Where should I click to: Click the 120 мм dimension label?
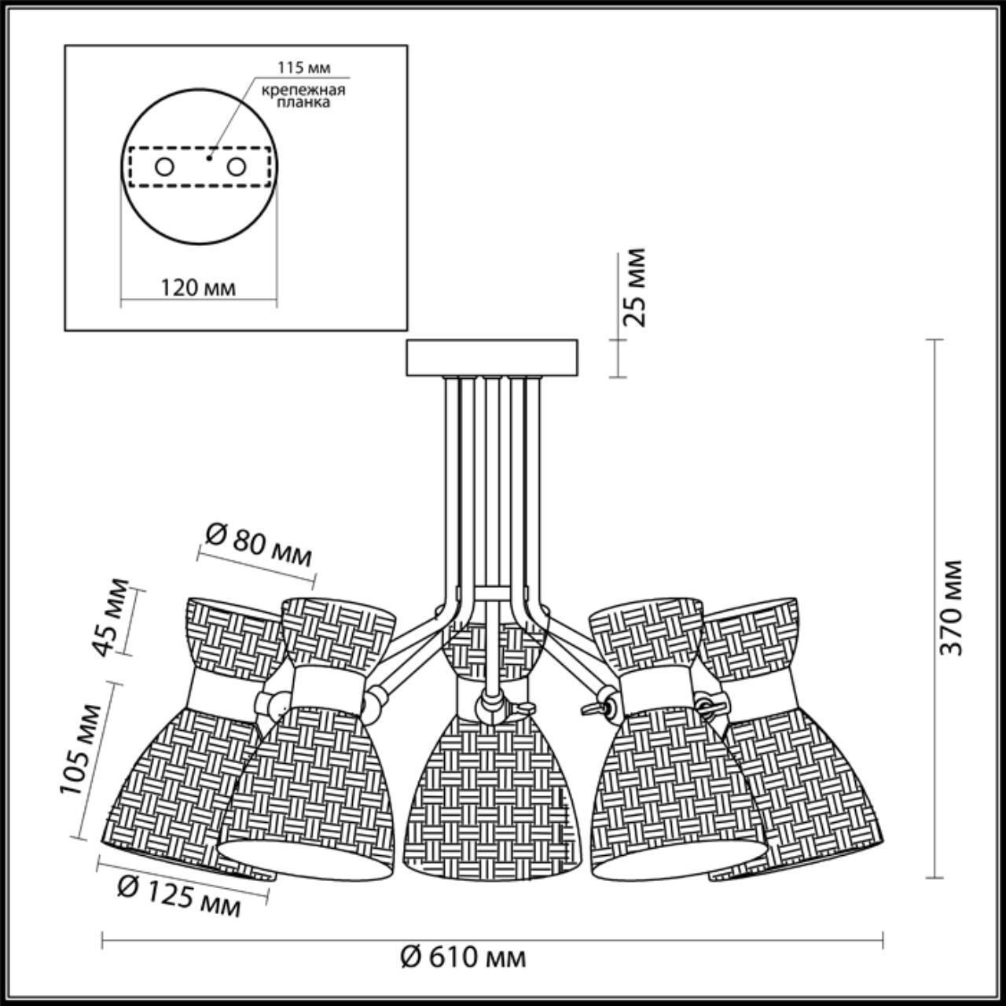pyautogui.click(x=198, y=287)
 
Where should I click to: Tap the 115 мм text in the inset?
pyautogui.click(x=302, y=68)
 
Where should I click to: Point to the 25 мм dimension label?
pyautogui.click(x=633, y=287)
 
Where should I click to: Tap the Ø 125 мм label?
pyautogui.click(x=178, y=896)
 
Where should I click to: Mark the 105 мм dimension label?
pyautogui.click(x=81, y=750)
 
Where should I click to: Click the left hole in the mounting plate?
pyautogui.click(x=164, y=167)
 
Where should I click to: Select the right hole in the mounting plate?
pyautogui.click(x=235, y=167)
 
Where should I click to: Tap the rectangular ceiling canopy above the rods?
pyautogui.click(x=491, y=357)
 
